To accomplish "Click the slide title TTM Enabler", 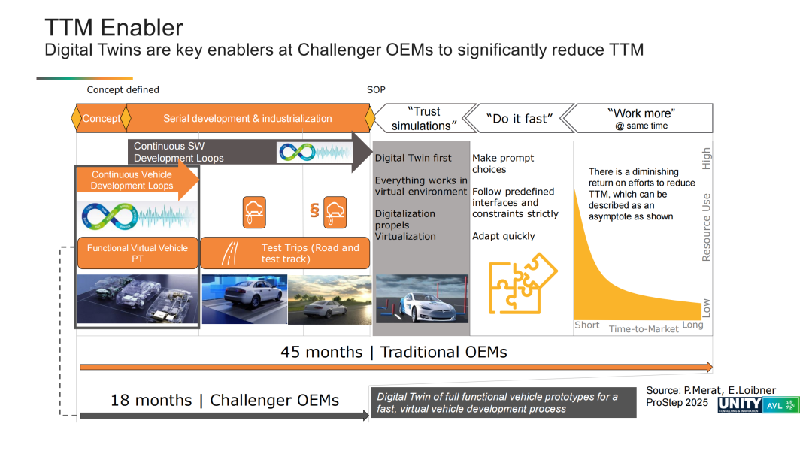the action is click(x=114, y=28).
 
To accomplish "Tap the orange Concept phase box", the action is click(x=101, y=118).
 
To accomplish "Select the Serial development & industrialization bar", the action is click(x=247, y=118).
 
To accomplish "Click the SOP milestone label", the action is click(x=376, y=90).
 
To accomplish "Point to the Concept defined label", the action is click(x=123, y=90).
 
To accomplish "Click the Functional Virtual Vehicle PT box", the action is click(x=138, y=253).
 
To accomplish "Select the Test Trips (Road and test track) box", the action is click(x=285, y=253).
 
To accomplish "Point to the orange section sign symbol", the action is click(x=314, y=210).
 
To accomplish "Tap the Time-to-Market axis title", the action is click(x=643, y=328).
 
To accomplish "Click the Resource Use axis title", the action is click(x=706, y=227).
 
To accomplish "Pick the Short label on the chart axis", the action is click(x=586, y=325).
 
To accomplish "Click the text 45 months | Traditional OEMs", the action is click(x=393, y=352).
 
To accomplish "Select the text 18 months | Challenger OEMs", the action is click(x=225, y=400).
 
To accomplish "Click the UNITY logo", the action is click(x=740, y=404).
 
